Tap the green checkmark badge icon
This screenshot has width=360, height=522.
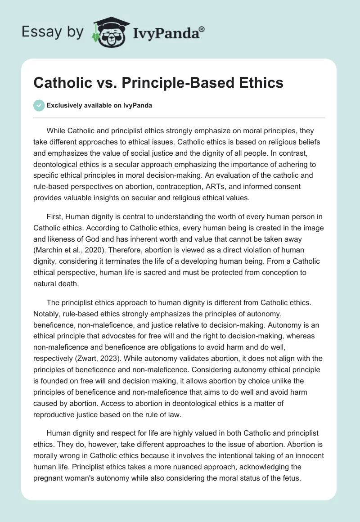[39, 105]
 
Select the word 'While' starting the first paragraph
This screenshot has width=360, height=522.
[56, 131]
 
